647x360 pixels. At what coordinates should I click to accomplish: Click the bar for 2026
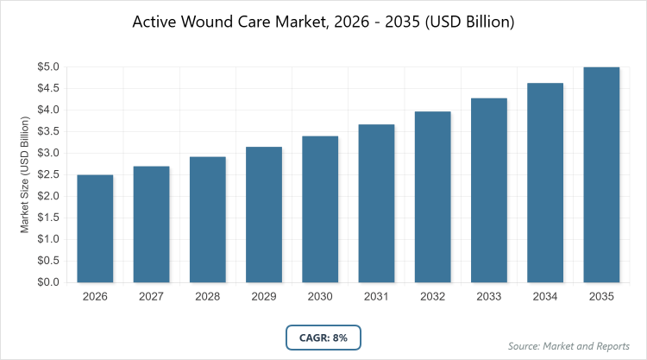pyautogui.click(x=95, y=229)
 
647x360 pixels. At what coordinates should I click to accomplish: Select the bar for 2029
pyautogui.click(x=264, y=215)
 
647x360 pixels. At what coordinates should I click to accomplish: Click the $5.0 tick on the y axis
pyautogui.click(x=48, y=66)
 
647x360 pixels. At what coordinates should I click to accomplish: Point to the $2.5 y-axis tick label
pyautogui.click(x=48, y=174)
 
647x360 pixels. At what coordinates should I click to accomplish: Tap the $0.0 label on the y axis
pyautogui.click(x=48, y=282)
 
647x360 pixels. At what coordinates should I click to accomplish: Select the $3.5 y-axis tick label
pyautogui.click(x=48, y=131)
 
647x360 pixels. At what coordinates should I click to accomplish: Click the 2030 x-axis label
pyautogui.click(x=320, y=297)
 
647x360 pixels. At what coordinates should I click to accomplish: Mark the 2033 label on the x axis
pyautogui.click(x=489, y=297)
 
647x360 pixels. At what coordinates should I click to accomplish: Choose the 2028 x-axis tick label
pyautogui.click(x=207, y=297)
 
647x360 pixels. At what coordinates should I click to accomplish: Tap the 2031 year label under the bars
pyautogui.click(x=376, y=297)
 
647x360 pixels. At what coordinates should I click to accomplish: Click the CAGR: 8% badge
pyautogui.click(x=323, y=338)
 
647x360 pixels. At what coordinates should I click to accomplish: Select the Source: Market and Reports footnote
pyautogui.click(x=570, y=346)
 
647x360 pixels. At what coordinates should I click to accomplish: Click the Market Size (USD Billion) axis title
pyautogui.click(x=25, y=174)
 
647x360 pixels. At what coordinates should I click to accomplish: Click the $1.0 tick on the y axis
pyautogui.click(x=48, y=239)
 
